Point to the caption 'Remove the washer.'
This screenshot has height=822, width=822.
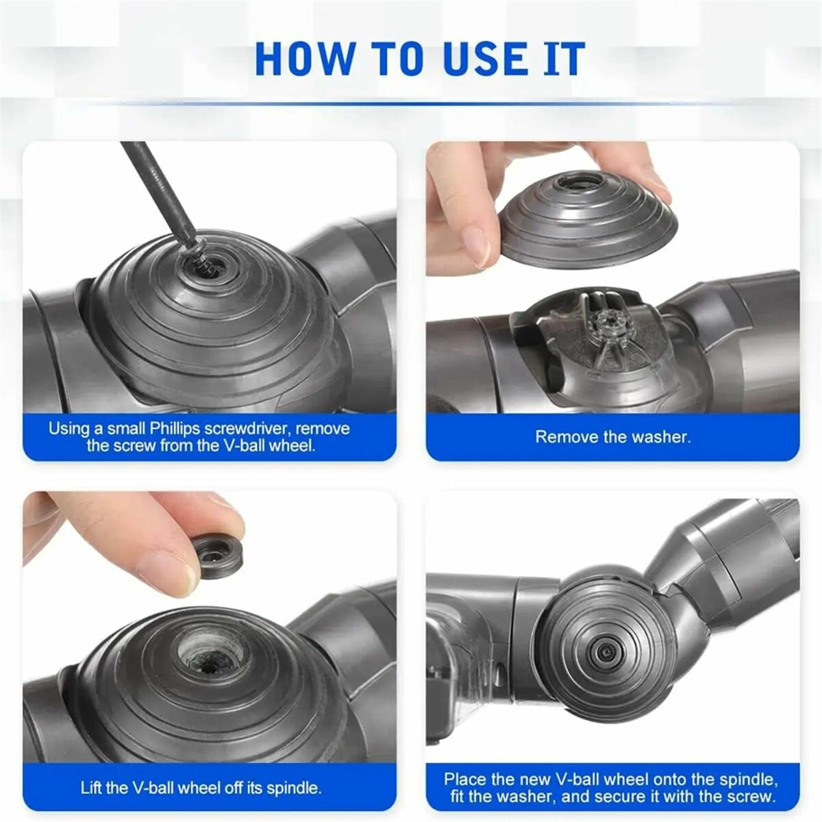click(612, 437)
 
